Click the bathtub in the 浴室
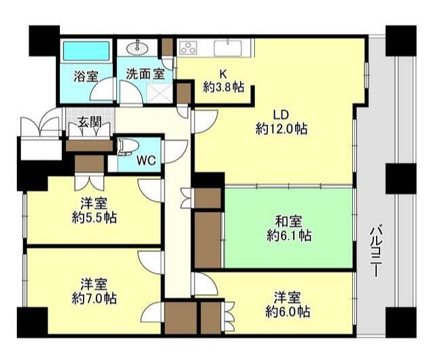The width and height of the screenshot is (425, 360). point(86,51)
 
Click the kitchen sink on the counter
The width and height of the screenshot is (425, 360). point(228,48)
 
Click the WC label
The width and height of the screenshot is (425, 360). point(146,161)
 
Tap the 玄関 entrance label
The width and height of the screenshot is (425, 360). point(90,122)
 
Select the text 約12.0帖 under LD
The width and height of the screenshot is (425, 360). point(282,128)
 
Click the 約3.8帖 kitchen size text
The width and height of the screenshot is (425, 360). point(224,87)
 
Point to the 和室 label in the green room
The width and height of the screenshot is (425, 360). point(288,221)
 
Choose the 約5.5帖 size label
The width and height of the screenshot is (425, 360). point(95,217)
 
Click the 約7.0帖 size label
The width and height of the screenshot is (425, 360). point(95,298)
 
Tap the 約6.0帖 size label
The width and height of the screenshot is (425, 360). point(288,312)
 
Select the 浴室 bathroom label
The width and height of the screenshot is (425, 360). point(86,77)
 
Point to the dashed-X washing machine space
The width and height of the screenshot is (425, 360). point(159,92)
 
